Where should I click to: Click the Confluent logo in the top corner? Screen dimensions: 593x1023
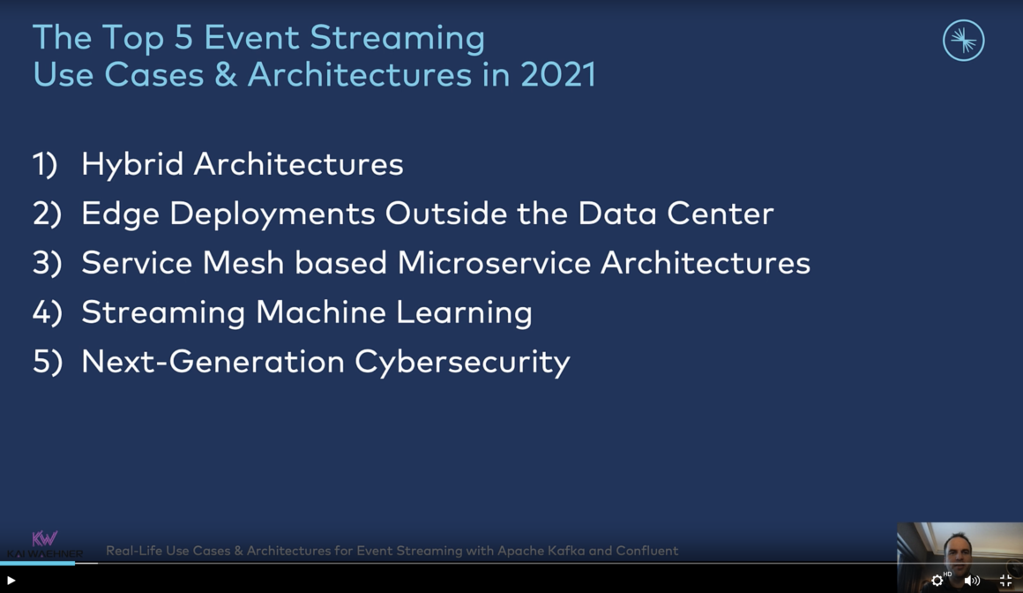tap(963, 41)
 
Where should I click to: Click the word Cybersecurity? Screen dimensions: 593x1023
tap(462, 363)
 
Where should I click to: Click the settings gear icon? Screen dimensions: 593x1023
tap(937, 581)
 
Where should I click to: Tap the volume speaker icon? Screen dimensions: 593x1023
tap(971, 581)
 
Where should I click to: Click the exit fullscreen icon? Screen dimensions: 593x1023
tap(1005, 581)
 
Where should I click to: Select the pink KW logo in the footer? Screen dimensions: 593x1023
tap(44, 538)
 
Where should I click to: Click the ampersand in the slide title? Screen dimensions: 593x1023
tap(226, 75)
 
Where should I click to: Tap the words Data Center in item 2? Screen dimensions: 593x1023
tap(676, 214)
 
